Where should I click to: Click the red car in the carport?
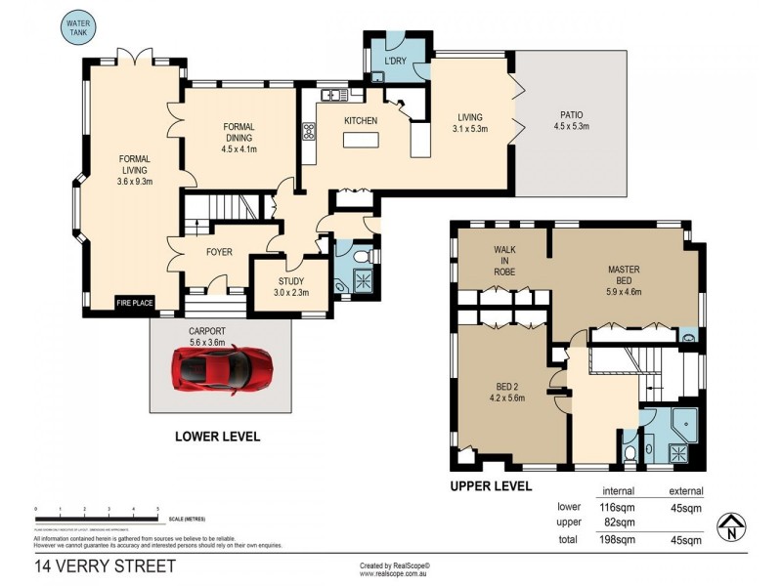point(223,368)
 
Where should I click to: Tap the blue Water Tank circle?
point(77,27)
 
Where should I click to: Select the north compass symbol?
point(730,527)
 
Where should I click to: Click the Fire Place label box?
point(135,303)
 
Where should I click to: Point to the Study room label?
point(291,284)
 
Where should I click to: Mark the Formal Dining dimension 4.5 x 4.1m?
point(239,149)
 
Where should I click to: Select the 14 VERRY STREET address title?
point(106,565)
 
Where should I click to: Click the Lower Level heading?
point(217,437)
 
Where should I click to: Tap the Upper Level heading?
point(491,485)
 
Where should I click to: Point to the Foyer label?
point(219,251)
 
